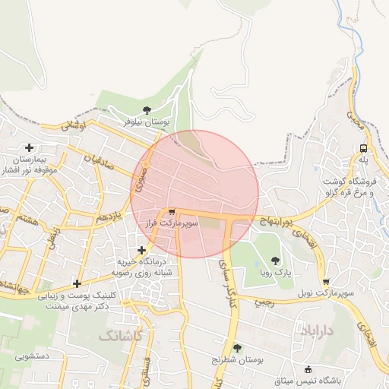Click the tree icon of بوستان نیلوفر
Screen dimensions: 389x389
coord(147,111)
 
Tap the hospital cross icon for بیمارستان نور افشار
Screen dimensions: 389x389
coord(30,147)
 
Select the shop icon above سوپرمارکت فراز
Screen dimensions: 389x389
coord(172,213)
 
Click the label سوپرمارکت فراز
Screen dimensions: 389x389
coord(172,225)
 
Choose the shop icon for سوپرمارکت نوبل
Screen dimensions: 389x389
coord(325,281)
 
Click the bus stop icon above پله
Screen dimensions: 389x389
coord(364,148)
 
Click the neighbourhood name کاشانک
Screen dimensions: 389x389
coord(119,334)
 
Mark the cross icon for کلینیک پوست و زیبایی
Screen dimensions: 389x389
coord(77,283)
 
